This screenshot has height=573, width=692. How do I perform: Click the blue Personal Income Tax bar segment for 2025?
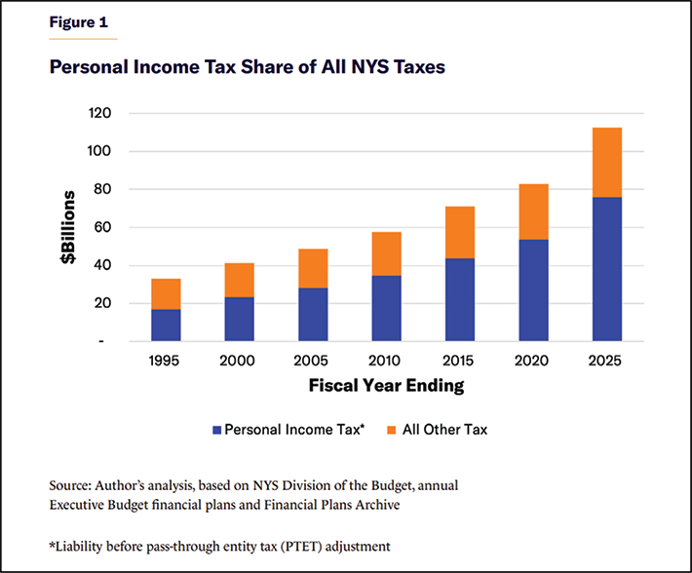(x=605, y=269)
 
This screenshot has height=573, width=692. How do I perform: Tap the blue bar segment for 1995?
(x=166, y=325)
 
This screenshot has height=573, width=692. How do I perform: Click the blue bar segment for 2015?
(x=459, y=299)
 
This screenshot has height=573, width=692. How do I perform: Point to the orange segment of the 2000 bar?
(x=239, y=280)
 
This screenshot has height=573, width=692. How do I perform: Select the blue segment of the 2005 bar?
(x=312, y=314)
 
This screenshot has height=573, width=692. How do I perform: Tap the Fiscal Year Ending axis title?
(x=386, y=385)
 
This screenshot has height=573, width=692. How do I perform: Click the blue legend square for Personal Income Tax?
(x=215, y=429)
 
